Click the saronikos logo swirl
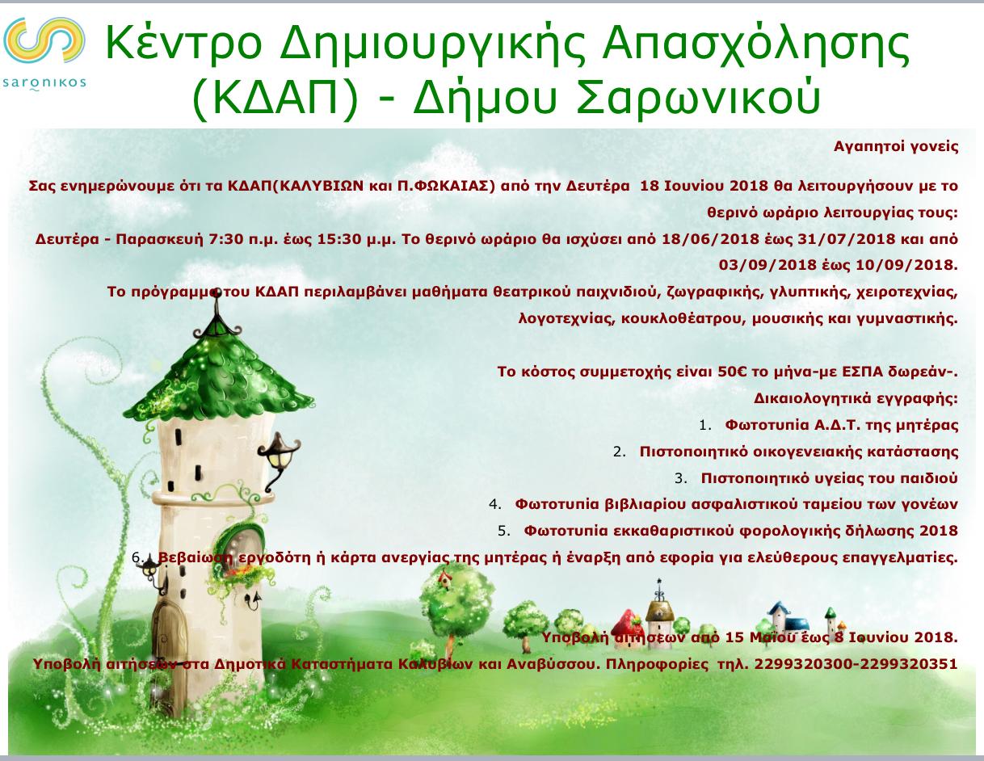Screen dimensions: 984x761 (44, 40)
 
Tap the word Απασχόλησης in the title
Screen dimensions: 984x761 (755, 44)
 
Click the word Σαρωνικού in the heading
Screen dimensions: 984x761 (698, 97)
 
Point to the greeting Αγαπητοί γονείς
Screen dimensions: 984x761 (896, 147)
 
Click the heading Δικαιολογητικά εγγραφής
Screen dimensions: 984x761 (856, 399)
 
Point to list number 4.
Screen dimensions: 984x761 (494, 505)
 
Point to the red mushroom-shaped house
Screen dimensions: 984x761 (628, 629)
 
